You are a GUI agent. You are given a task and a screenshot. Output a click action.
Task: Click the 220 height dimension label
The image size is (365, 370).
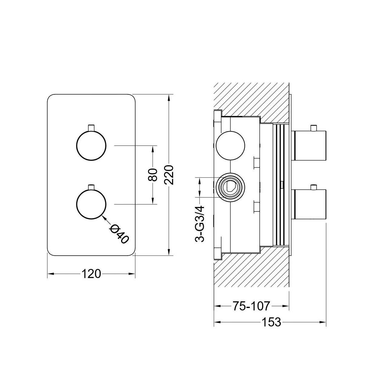point(169,175)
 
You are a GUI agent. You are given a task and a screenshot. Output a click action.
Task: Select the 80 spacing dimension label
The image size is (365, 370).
point(153,175)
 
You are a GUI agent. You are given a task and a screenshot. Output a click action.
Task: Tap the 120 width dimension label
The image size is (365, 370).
point(91,274)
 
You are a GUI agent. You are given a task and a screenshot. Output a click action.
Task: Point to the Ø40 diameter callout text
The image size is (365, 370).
point(119,234)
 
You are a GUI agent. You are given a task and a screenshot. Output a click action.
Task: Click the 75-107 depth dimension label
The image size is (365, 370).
point(252,306)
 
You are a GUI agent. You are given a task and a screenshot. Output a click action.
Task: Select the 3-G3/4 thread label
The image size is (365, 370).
point(200,224)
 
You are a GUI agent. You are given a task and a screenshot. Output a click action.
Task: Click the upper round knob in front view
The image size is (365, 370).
point(91,146)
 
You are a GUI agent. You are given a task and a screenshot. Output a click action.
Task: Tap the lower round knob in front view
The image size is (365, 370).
point(91,204)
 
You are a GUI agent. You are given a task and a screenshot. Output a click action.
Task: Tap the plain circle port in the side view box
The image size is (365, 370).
point(230,145)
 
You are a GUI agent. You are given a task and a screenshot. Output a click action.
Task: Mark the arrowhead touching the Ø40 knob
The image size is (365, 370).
point(104,218)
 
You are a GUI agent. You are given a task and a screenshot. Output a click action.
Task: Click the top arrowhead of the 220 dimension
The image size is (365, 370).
point(169,97)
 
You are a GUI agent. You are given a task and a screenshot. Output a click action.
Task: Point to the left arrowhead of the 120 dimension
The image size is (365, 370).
point(51,274)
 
